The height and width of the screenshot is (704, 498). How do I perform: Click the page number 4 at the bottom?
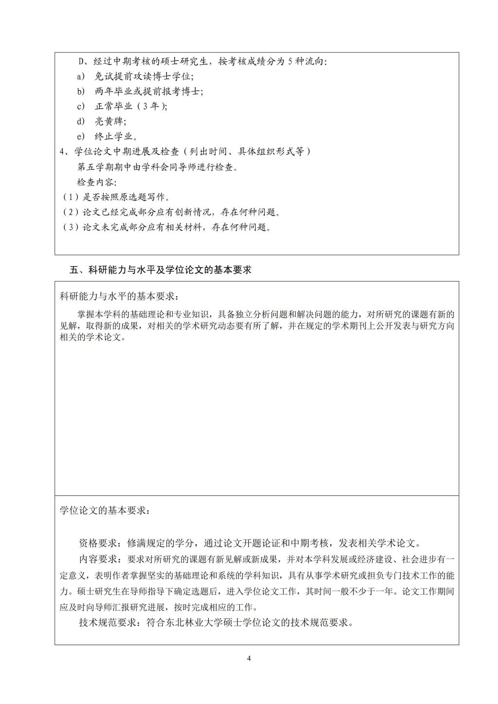pos(249,659)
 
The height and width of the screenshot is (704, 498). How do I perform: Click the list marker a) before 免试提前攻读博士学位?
pos(81,76)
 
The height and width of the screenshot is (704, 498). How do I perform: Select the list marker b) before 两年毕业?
pos(81,91)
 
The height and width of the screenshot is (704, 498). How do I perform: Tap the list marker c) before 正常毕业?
pos(81,107)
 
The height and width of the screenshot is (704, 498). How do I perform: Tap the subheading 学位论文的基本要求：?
pos(105,510)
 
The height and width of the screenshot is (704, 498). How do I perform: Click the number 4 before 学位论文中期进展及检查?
pos(62,152)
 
